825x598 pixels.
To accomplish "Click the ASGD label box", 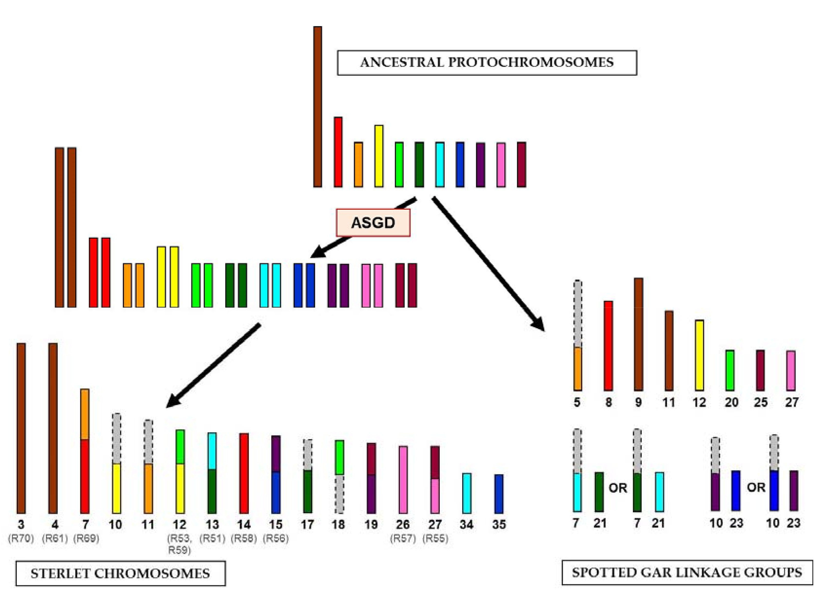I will [373, 222].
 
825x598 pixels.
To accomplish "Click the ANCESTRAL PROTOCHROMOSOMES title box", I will [487, 63].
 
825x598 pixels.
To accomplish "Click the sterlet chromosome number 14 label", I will [244, 524].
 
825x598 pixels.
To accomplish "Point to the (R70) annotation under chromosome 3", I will [21, 538].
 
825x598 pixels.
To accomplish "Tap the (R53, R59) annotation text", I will [179, 544].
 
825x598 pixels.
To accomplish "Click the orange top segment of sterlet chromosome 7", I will [84, 414].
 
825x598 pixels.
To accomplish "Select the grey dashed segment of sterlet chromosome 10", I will [116, 438].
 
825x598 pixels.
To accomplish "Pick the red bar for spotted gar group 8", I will [608, 345].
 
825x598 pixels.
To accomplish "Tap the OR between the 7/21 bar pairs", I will [618, 488].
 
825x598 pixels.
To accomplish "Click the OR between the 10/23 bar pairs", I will [756, 487].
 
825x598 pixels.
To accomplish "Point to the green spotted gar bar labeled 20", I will [730, 370].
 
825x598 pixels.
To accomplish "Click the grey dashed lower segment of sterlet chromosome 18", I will [339, 494].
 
